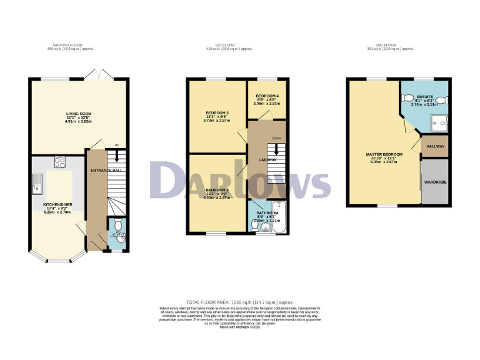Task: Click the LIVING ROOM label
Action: click(x=79, y=114)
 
